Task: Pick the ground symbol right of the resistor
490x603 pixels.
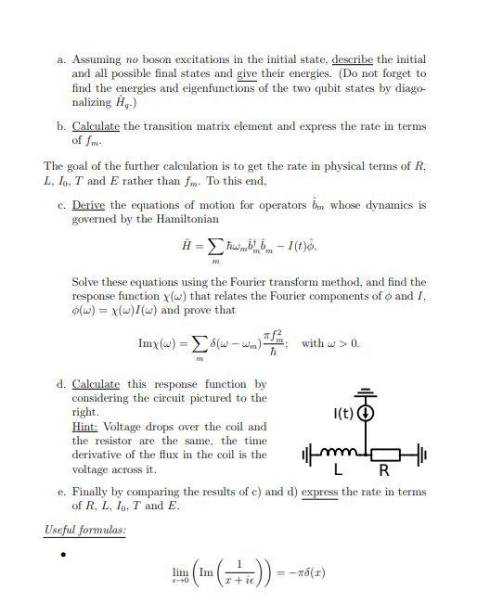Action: pos(420,455)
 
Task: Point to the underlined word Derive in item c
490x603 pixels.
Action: pos(89,205)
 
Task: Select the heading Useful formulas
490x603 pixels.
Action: pos(85,530)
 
